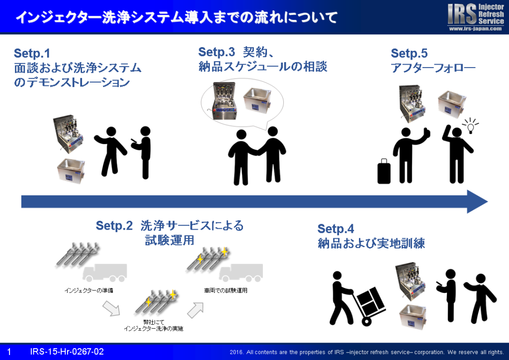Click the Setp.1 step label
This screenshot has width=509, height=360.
pos(32,53)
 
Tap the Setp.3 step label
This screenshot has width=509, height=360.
pos(216,52)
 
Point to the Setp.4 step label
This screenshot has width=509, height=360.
pos(336,229)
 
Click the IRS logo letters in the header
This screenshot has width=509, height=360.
pos(462,14)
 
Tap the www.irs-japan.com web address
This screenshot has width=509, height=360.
pos(475,29)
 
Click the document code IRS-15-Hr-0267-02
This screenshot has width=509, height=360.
pos(67,352)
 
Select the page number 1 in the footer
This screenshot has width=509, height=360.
pos(9,352)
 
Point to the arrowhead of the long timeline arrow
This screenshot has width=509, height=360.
pos(478,201)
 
